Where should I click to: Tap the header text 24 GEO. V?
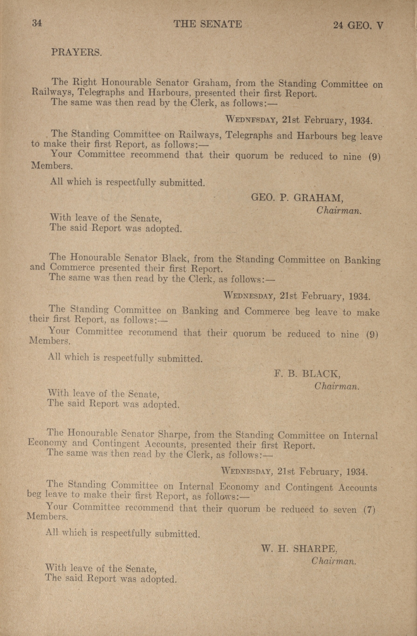pos(358,26)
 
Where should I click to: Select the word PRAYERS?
pos(76,52)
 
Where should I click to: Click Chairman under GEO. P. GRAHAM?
pos(339,211)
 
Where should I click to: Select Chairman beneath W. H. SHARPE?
pos(334,561)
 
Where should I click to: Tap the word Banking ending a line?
pos(362,260)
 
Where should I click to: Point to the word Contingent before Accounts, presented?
pos(116,444)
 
